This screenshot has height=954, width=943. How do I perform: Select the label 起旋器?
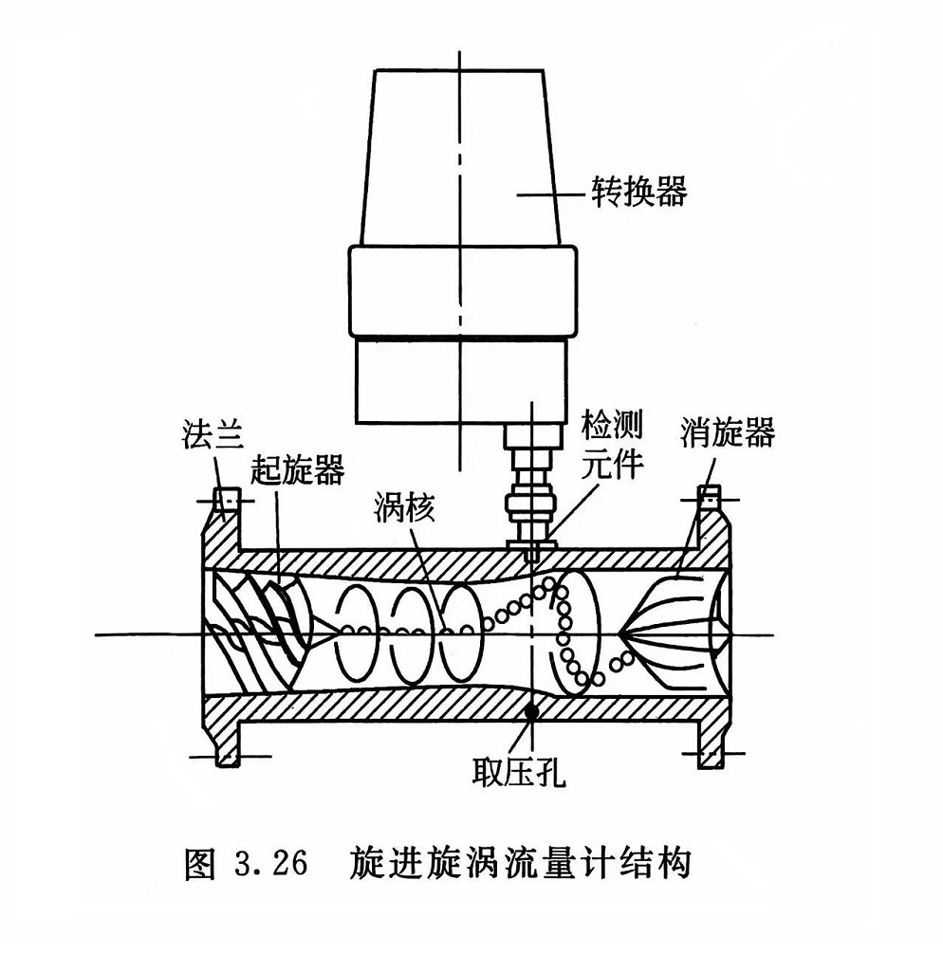(298, 469)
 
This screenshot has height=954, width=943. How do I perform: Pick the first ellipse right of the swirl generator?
(362, 631)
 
